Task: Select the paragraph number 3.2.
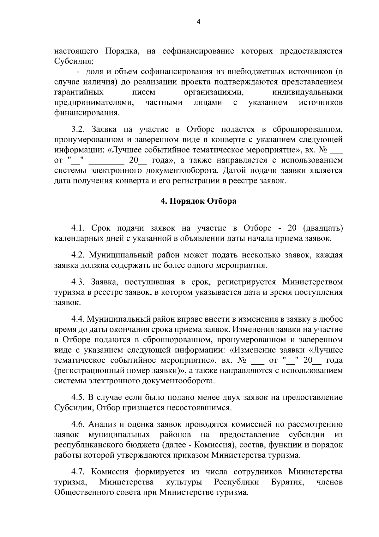79,129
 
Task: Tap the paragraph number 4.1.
79,228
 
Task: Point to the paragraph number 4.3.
79,282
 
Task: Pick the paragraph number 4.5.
79,397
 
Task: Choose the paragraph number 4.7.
79,472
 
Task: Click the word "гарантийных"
79,92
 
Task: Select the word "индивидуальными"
307,92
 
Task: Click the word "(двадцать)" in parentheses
322,228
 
